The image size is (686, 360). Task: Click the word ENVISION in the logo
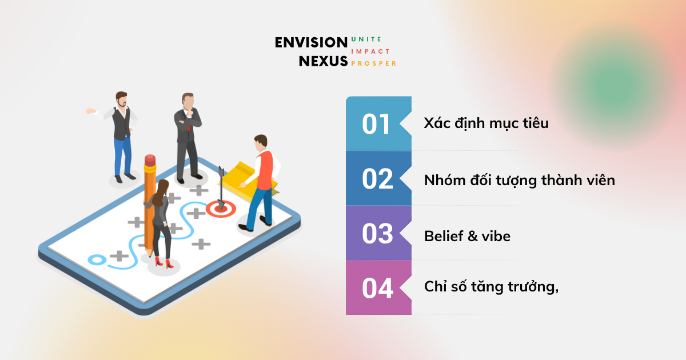pyautogui.click(x=311, y=42)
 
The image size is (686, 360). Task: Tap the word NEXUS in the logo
pyautogui.click(x=323, y=61)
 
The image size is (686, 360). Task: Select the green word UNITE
pyautogui.click(x=366, y=39)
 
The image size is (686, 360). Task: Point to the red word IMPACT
pyautogui.click(x=370, y=51)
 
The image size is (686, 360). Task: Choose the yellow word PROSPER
pyautogui.click(x=374, y=63)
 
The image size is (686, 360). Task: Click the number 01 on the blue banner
pyautogui.click(x=376, y=125)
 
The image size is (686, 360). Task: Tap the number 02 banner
pyautogui.click(x=378, y=178)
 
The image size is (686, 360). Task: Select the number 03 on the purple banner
pyautogui.click(x=377, y=234)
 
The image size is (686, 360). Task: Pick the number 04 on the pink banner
pyautogui.click(x=378, y=288)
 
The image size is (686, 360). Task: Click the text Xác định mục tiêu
pyautogui.click(x=486, y=123)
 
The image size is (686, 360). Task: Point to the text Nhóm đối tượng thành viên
pyautogui.click(x=520, y=181)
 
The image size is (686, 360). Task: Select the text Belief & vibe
pyautogui.click(x=468, y=236)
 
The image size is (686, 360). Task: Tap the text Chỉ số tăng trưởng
pyautogui.click(x=489, y=286)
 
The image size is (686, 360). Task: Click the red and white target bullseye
pyautogui.click(x=221, y=209)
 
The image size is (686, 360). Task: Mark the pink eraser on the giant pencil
pyautogui.click(x=150, y=160)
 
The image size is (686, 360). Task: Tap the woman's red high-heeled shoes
pyautogui.click(x=163, y=263)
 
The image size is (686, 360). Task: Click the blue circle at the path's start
pyautogui.click(x=97, y=260)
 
